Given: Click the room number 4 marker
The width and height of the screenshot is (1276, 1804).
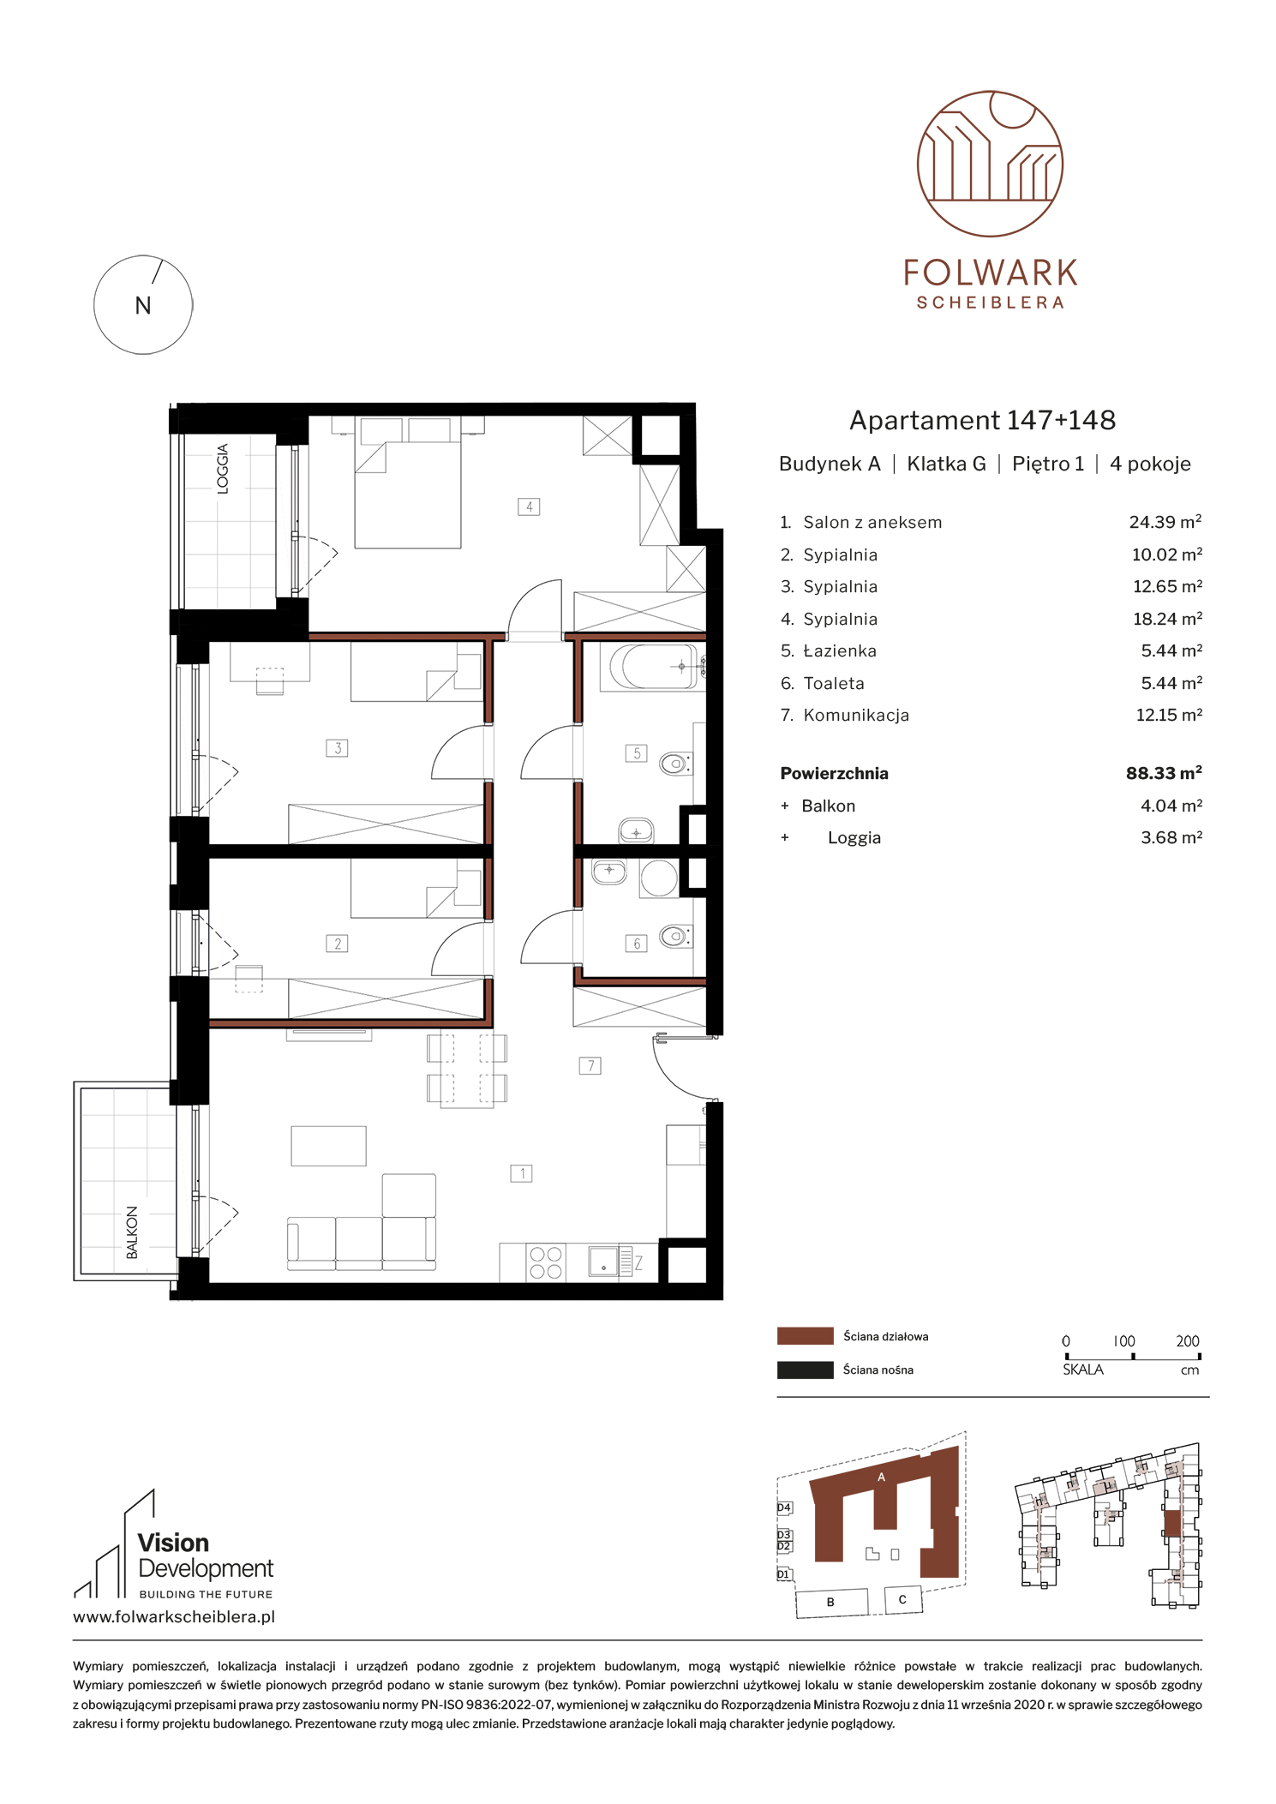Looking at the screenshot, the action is (529, 506).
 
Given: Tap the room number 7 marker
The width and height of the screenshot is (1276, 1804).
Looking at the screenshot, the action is (590, 1065).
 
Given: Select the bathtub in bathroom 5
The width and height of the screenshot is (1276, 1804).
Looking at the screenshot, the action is (653, 666).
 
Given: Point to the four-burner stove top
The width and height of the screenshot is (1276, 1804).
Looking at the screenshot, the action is (545, 1262).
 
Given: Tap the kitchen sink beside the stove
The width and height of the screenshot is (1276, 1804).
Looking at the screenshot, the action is (603, 1262).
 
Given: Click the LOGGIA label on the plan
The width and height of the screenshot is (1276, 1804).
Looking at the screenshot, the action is (223, 469).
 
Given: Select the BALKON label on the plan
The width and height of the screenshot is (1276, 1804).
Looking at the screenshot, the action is (132, 1232).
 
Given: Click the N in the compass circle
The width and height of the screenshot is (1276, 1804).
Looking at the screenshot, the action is (143, 306).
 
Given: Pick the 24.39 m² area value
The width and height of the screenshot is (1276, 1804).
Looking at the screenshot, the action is (1165, 522).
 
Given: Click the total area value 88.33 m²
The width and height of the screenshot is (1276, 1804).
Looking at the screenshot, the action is (1164, 773).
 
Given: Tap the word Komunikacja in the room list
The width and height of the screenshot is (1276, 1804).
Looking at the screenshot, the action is (856, 716).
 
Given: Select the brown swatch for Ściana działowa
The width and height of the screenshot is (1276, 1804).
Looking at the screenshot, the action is (805, 1336).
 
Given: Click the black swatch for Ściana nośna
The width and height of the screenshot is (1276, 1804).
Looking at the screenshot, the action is (805, 1369).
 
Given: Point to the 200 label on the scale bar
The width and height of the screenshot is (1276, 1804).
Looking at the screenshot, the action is (1188, 1341).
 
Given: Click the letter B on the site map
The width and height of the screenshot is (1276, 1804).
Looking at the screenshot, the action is (830, 1602).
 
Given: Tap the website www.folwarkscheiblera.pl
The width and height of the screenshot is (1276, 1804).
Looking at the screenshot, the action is (174, 1617).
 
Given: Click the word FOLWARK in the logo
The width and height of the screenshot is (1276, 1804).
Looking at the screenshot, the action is (991, 273).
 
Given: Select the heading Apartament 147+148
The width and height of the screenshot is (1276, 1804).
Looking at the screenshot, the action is (982, 420).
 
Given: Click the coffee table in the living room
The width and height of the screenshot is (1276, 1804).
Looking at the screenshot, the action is (329, 1146).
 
